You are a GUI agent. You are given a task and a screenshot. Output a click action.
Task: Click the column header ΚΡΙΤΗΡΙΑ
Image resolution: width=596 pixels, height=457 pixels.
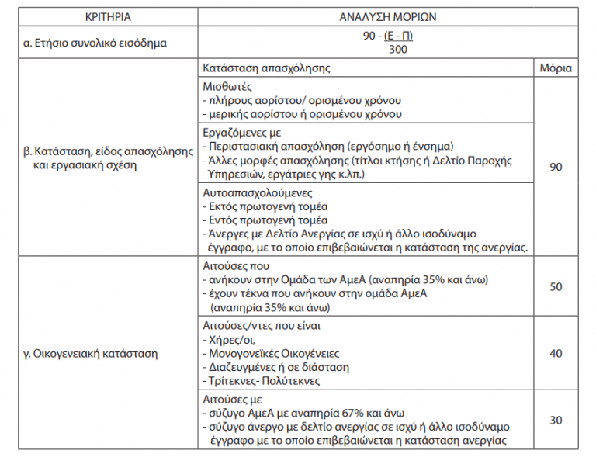click(105, 16)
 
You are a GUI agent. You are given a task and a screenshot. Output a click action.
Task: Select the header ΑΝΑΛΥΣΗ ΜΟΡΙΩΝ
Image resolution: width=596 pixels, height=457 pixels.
click(390, 16)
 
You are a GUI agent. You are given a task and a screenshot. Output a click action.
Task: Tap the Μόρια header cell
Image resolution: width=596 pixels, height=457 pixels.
click(555, 68)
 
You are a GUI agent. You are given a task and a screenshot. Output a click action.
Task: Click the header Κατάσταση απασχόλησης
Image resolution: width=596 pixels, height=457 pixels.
click(265, 68)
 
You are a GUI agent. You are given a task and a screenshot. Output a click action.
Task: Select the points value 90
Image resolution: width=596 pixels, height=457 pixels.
click(555, 167)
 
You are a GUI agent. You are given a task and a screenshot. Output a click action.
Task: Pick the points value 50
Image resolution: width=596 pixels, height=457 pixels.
click(555, 286)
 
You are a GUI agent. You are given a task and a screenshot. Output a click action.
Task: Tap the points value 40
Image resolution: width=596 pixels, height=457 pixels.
click(555, 353)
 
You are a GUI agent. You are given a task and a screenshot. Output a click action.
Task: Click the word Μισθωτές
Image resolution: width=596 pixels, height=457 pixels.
click(226, 87)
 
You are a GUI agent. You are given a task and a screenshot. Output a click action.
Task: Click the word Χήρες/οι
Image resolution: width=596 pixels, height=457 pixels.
click(227, 340)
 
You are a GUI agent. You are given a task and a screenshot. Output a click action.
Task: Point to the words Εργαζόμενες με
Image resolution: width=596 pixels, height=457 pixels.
click(237, 133)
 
